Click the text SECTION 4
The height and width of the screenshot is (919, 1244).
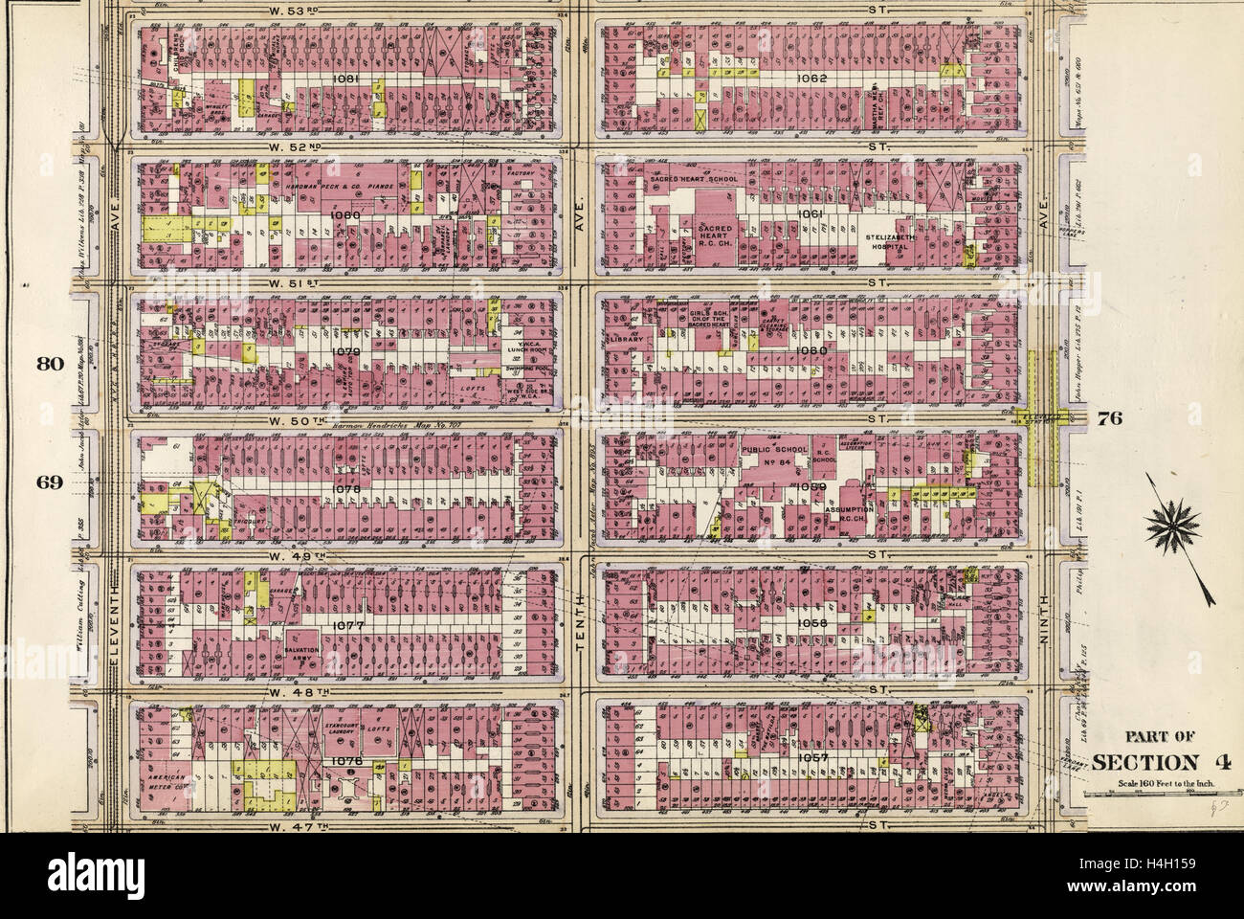pos(1146,763)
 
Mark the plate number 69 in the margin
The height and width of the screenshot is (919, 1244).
pos(51,482)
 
